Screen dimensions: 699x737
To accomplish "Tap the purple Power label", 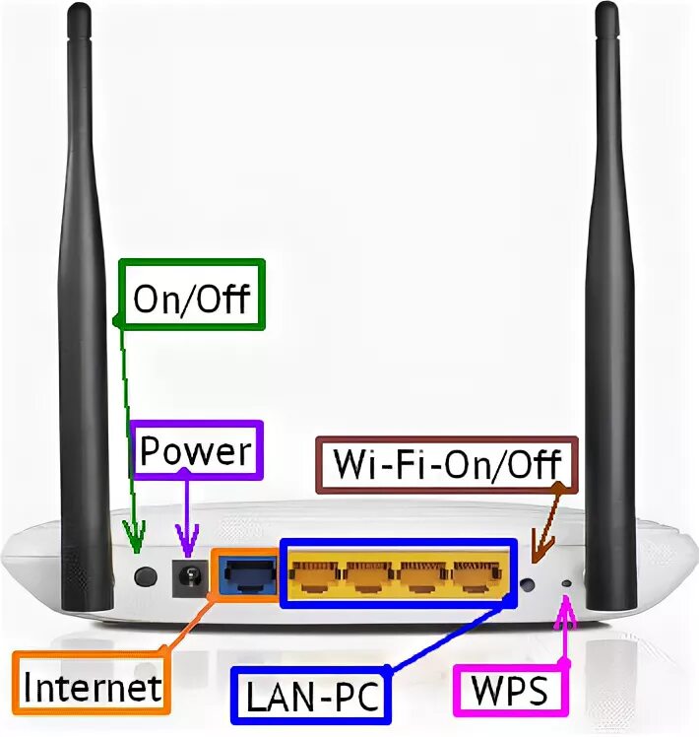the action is pos(197,452).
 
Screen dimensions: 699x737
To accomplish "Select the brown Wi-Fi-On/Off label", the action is pos(447,463).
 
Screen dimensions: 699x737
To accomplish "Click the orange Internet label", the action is pos(92,686).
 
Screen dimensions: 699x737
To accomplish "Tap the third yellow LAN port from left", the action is pos(423,574).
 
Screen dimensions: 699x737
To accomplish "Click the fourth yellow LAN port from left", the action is pos(477,574).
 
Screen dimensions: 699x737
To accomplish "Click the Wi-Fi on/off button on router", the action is pos(529,584).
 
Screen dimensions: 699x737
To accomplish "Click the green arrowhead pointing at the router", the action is pos(134,537).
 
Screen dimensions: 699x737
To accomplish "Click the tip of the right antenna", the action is pos(610,12).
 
